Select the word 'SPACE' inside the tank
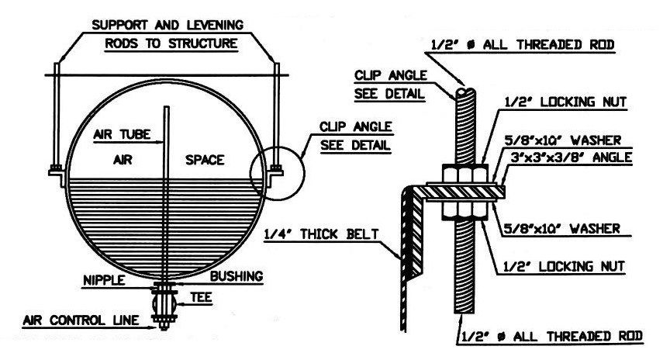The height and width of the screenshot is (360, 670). coord(205,160)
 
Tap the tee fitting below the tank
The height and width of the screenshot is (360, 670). coord(165,298)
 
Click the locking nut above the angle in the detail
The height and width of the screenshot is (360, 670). coord(465,172)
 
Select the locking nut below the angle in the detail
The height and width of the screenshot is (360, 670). coord(465,206)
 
